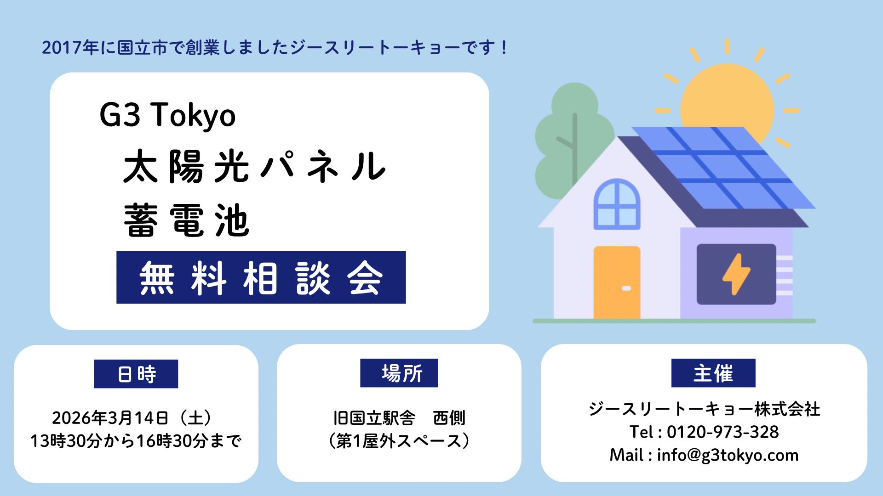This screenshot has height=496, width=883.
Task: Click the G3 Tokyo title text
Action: tap(167, 115)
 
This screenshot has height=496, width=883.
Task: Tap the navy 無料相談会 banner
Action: tap(261, 277)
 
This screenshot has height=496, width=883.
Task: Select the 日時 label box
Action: tap(136, 374)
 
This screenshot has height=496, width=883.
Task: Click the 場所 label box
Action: tap(399, 373)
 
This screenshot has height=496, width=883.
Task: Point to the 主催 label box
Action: tap(713, 373)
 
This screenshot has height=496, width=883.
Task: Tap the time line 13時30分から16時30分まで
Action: tap(136, 441)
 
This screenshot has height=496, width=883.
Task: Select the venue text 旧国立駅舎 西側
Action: tap(399, 418)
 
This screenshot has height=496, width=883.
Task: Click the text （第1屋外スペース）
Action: tap(399, 441)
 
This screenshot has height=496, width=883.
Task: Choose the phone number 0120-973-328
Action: tap(723, 432)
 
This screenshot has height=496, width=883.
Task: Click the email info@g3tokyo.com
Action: tap(728, 455)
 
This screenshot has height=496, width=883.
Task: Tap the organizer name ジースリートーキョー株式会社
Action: tap(704, 409)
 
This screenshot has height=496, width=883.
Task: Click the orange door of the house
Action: tap(617, 282)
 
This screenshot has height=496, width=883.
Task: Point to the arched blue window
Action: tap(617, 204)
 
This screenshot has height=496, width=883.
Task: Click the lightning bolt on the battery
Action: tap(736, 274)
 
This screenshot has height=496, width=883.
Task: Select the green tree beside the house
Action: tap(570, 138)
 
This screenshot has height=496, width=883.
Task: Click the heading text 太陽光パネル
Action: tap(255, 166)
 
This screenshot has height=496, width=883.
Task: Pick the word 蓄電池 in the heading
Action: tap(187, 220)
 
